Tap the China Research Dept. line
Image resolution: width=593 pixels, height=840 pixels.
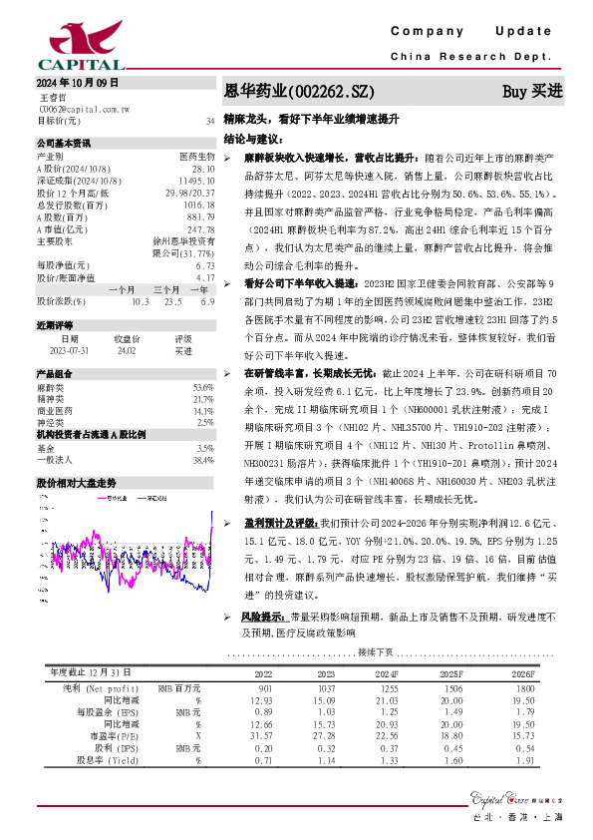[x=477, y=57]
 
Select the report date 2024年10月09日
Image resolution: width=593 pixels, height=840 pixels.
[x=77, y=82]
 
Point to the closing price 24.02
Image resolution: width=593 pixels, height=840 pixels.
[x=127, y=351]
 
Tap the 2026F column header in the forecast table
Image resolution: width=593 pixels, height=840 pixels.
[x=522, y=674]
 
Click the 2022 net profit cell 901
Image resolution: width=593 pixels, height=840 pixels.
[x=264, y=689]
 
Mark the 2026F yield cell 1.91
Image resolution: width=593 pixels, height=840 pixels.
[x=524, y=760]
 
